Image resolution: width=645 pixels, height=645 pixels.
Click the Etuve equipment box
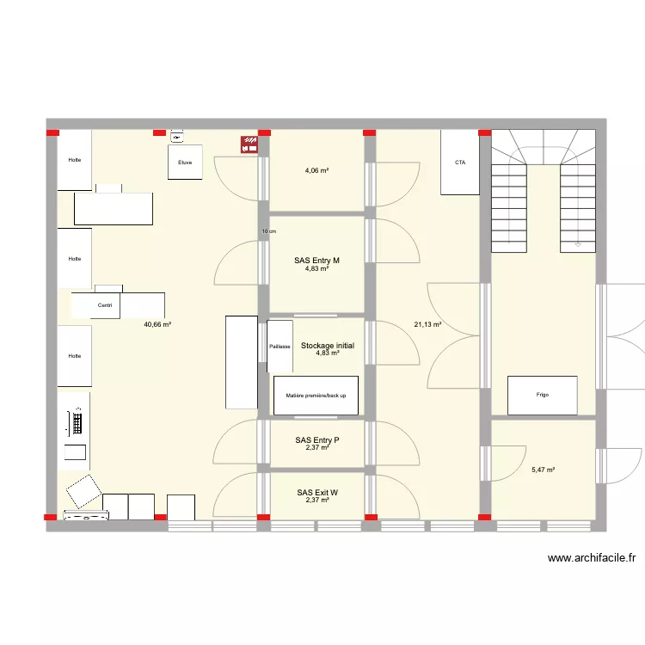coord(185,163)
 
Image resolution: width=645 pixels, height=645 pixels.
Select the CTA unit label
coord(460,162)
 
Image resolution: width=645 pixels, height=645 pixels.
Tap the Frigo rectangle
coord(542,395)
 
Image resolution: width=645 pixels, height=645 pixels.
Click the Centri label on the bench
coord(105,305)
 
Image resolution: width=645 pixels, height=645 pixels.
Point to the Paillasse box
coord(279,347)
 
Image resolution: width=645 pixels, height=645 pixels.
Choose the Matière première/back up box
coord(316,395)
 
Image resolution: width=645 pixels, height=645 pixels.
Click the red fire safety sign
coord(249,145)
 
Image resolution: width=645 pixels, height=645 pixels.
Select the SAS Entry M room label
coord(316,261)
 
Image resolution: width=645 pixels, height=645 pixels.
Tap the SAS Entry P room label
coord(316,440)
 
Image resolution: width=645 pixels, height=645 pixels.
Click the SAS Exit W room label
coord(316,493)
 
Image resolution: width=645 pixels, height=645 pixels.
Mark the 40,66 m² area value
coord(157,325)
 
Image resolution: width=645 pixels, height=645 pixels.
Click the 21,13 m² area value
coord(427,325)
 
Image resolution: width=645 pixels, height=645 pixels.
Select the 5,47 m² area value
coord(543,470)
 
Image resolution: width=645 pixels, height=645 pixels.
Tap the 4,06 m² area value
coord(316,170)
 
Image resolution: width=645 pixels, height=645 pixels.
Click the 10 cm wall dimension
coord(269,231)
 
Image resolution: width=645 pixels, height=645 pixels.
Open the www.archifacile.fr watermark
coord(592,558)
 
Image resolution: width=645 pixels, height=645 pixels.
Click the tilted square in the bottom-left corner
coord(84,491)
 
